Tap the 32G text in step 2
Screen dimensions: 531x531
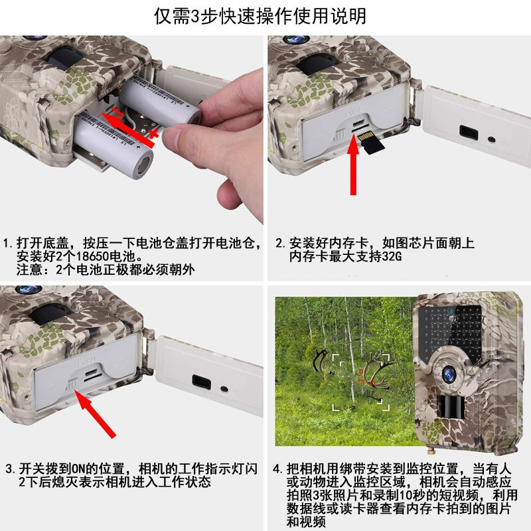tap(392, 256)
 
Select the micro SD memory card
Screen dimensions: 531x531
tap(371, 143)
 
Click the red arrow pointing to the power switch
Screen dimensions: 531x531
tap(96, 414)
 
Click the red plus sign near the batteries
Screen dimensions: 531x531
tap(154, 133)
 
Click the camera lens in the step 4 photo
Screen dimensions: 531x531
tap(449, 374)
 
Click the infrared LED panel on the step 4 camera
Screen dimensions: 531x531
tap(450, 331)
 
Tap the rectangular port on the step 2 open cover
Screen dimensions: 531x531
tap(469, 132)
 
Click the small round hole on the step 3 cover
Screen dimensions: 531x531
tap(224, 389)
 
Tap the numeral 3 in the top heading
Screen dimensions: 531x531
tap(195, 16)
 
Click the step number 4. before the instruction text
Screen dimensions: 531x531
tap(277, 469)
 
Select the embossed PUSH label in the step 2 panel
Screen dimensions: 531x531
tap(352, 111)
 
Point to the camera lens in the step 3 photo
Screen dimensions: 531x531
tap(29, 289)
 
